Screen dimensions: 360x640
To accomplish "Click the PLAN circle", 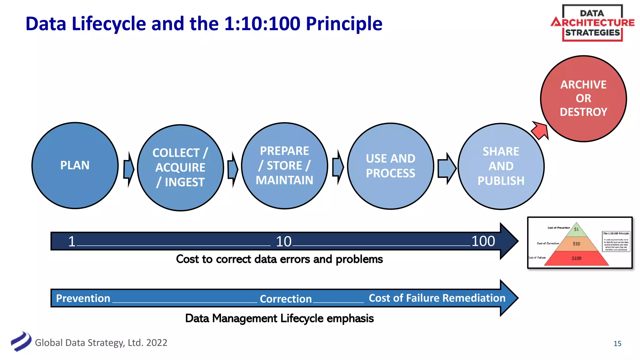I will click(x=75, y=165).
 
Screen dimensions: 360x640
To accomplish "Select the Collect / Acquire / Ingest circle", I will click(x=180, y=168).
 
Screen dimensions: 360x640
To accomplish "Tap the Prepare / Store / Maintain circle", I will click(x=284, y=166).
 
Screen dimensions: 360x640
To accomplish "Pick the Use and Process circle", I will click(x=390, y=166).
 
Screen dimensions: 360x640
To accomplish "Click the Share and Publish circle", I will click(x=501, y=166).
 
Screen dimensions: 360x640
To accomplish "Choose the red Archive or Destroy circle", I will click(x=583, y=98).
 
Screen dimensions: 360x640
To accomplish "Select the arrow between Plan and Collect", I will click(x=128, y=169).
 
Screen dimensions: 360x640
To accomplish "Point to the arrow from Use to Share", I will click(x=447, y=168).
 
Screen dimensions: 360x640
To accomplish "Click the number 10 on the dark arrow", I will click(x=283, y=242).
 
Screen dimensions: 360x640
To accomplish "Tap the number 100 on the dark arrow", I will click(x=483, y=241).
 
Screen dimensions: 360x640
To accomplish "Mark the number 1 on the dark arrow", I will click(x=72, y=242).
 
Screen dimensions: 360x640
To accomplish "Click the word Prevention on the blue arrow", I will click(x=83, y=298).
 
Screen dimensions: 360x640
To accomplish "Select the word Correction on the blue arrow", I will click(x=286, y=299).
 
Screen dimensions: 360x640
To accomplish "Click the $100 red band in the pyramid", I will click(x=576, y=258).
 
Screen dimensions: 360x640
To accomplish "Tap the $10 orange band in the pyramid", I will click(x=576, y=244).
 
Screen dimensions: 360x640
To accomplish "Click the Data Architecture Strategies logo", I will click(x=592, y=23).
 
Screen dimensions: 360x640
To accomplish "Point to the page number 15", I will click(x=617, y=343).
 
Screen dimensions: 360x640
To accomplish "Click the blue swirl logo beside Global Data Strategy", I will click(x=21, y=342).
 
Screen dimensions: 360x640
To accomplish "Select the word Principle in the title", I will click(x=344, y=24).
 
